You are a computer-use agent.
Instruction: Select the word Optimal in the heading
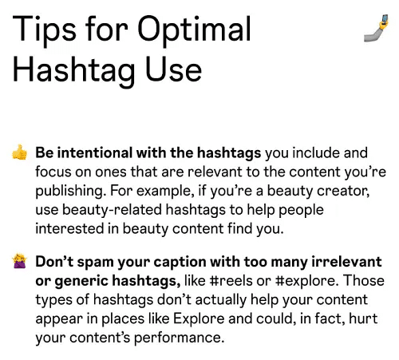click(195, 31)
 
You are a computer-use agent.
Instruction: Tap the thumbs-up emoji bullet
click(19, 152)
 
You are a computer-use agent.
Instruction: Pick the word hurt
click(364, 320)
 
